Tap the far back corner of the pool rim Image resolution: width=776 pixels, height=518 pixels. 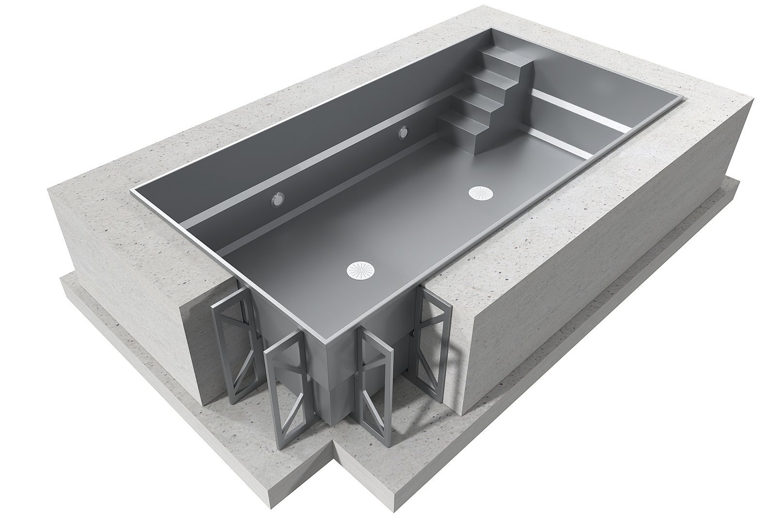tap(493, 30)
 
